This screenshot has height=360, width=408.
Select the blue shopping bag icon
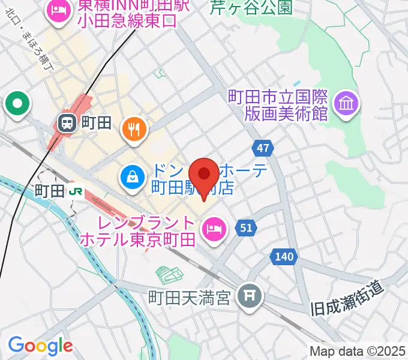(x=130, y=176)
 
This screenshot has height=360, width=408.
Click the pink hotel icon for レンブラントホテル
(x=212, y=228)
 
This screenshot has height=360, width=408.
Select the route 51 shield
(x=246, y=227)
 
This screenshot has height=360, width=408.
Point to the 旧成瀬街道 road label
(x=347, y=300)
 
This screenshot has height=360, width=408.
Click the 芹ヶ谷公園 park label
(x=251, y=7)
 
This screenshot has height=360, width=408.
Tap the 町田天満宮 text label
(x=189, y=298)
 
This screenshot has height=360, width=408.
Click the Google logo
(x=40, y=345)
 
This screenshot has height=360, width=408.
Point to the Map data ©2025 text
(x=358, y=351)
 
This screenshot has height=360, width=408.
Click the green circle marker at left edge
(x=17, y=104)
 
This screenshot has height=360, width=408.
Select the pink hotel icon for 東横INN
(x=58, y=10)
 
